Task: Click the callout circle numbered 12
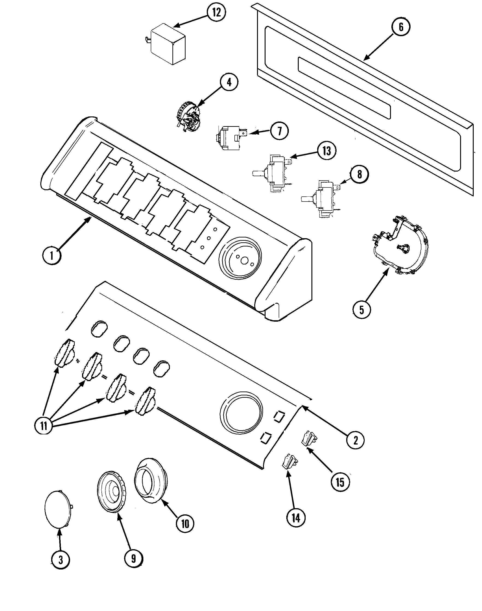pos(216,13)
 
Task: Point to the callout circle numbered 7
pos(279,131)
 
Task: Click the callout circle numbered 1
pos(52,256)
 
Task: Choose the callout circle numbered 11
pos(44,426)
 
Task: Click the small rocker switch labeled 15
pos(309,439)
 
